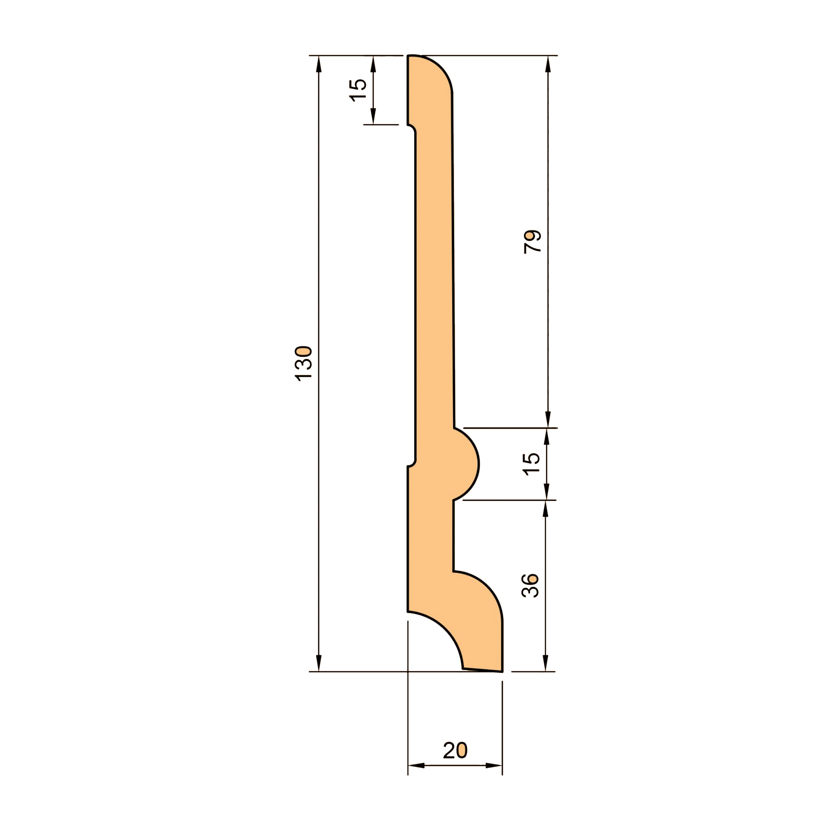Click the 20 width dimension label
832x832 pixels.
pyautogui.click(x=455, y=762)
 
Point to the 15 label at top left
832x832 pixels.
pyautogui.click(x=357, y=90)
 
